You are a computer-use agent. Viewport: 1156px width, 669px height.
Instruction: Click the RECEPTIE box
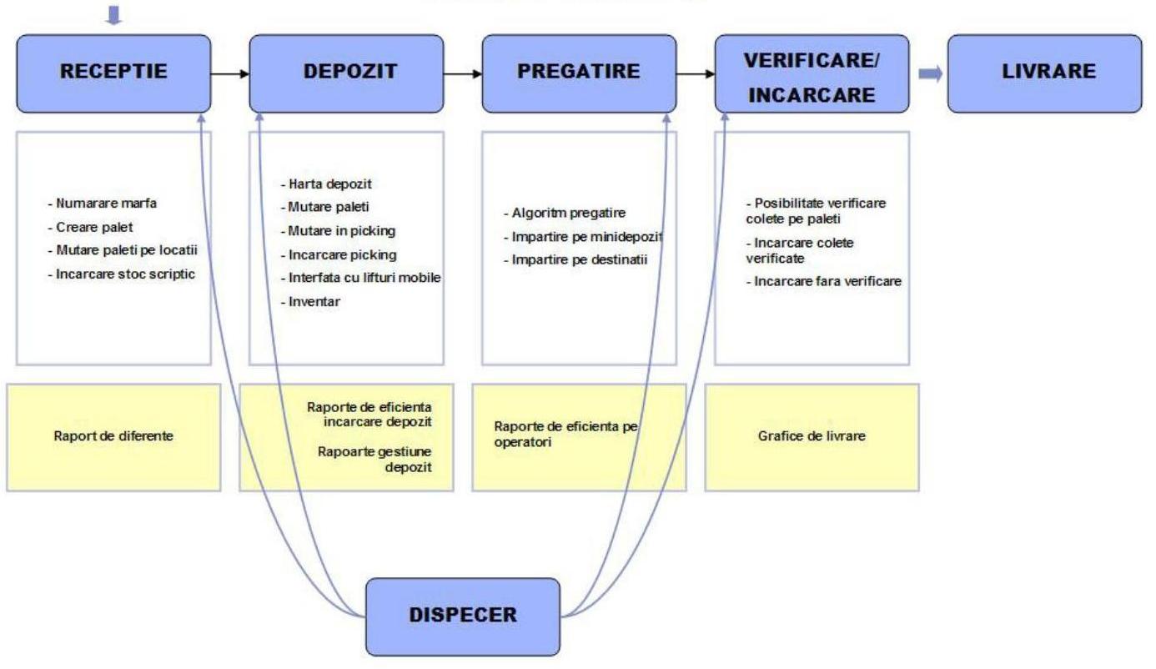(x=113, y=73)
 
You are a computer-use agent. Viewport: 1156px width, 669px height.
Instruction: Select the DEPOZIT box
(x=346, y=73)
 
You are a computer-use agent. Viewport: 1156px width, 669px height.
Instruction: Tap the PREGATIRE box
(x=579, y=73)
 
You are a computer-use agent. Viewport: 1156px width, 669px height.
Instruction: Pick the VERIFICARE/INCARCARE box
(x=812, y=73)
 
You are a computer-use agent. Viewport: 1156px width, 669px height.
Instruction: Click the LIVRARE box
(x=1044, y=73)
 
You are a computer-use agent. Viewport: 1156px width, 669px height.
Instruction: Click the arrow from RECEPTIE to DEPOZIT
(x=230, y=73)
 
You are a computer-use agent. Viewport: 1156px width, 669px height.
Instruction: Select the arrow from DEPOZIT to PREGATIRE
(x=463, y=73)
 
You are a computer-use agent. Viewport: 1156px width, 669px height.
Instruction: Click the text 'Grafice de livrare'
(x=812, y=435)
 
